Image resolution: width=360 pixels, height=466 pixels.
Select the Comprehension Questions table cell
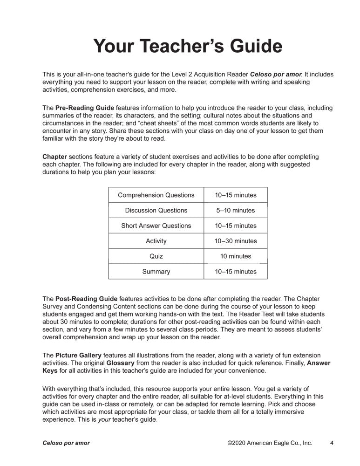tap(156, 195)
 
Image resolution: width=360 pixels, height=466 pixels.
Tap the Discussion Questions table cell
tap(156, 211)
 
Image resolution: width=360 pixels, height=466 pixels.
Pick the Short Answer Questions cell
tap(156, 226)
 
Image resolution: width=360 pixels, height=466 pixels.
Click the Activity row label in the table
tap(156, 241)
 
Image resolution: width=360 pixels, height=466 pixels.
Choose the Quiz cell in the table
tap(156, 256)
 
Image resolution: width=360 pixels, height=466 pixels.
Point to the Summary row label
tap(156, 272)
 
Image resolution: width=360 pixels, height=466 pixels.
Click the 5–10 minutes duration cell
tap(236, 211)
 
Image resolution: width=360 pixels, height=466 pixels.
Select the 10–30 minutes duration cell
tap(236, 241)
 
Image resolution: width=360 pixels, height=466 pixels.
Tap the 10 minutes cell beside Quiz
tap(236, 256)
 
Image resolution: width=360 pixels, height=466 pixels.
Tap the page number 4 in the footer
tap(332, 443)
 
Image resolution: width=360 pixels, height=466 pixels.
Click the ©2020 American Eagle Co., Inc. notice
tap(270, 443)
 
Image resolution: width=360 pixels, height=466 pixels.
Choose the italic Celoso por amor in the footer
tap(66, 443)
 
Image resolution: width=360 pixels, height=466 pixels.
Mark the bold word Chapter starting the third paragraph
tap(54, 157)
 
